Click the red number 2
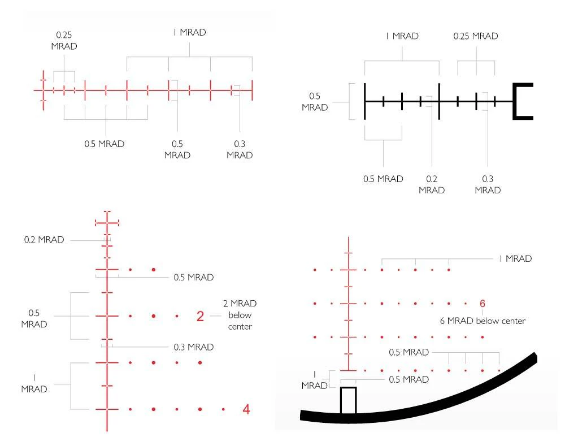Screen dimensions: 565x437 coord(201,316)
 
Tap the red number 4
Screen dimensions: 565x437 coord(246,409)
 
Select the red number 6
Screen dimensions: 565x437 coord(483,304)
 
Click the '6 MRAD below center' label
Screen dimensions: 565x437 coord(483,321)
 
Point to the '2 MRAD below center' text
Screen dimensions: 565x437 coord(240,315)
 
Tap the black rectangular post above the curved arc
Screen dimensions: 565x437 coord(349,401)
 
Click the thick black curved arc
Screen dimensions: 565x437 coord(419,397)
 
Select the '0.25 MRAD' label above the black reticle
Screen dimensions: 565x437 coord(476,36)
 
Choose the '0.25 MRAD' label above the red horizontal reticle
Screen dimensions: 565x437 coord(64,40)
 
